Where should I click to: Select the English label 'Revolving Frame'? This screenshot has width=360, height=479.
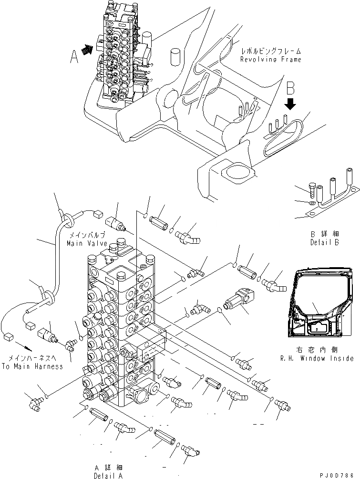pyautogui.click(x=270, y=60)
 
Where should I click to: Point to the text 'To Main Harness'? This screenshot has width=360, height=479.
pyautogui.click(x=32, y=366)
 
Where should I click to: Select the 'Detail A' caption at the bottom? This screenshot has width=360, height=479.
pyautogui.click(x=109, y=475)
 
